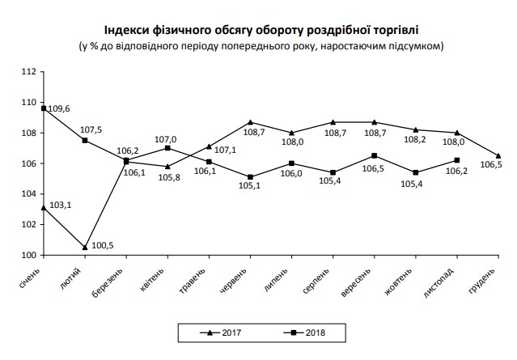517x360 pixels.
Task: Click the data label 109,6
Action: pos(60,108)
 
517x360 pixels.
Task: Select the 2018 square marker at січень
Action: pos(44,108)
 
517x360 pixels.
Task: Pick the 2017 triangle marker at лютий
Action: pos(85,247)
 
